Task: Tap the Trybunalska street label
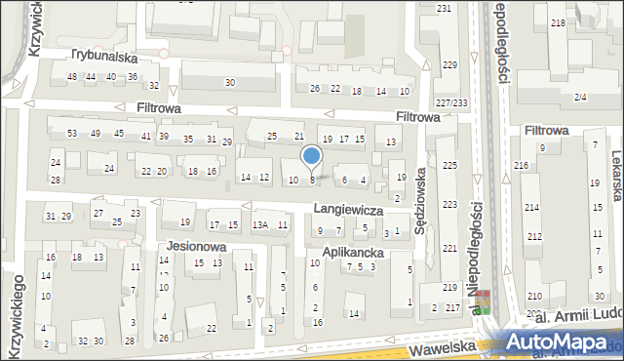[x=102, y=57]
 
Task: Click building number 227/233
[x=451, y=103]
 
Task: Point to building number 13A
[x=259, y=225]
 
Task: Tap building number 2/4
[x=581, y=97]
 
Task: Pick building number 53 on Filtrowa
[x=71, y=133]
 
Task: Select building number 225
[x=449, y=165]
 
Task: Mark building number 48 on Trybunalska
[x=71, y=76]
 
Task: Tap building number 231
[x=445, y=8]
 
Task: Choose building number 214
[x=532, y=208]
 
